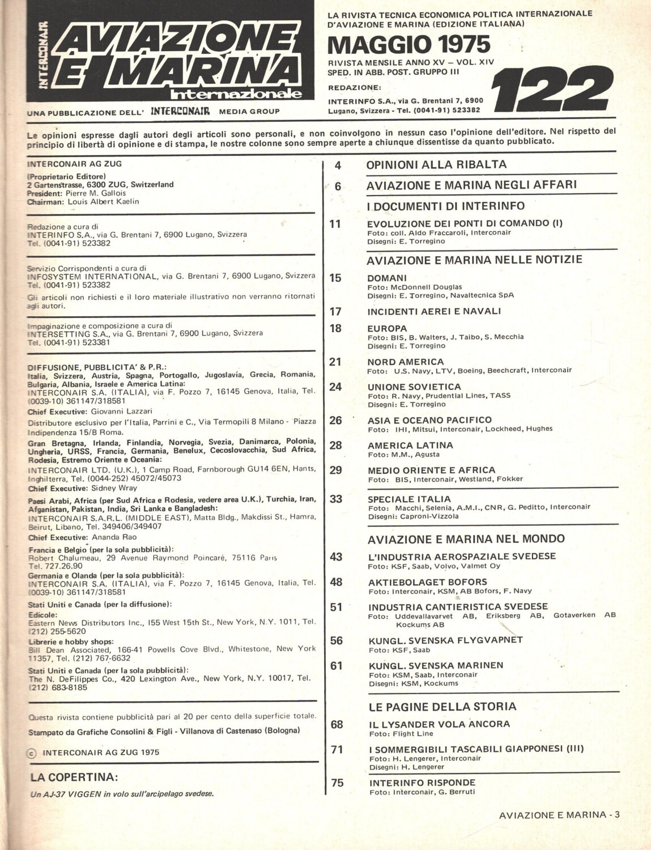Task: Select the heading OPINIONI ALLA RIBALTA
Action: (436, 165)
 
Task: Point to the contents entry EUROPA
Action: (387, 328)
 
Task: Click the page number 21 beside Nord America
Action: (335, 362)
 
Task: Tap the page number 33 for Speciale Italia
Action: (336, 499)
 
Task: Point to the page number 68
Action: (337, 724)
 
